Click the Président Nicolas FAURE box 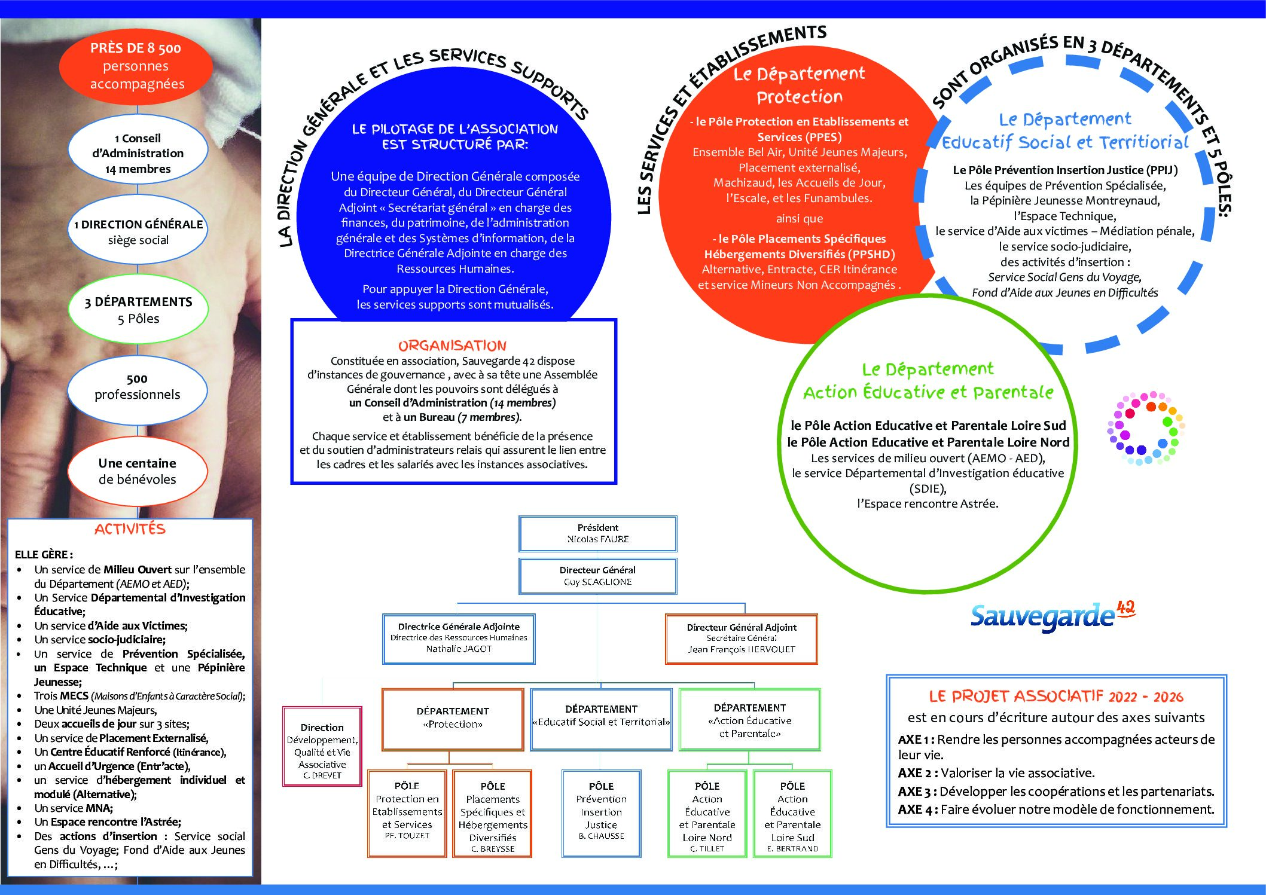coord(598,533)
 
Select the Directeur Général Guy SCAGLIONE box coord(598,576)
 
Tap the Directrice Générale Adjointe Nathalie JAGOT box coord(459,639)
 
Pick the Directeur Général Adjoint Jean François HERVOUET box coord(742,639)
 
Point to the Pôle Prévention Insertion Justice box coord(601,814)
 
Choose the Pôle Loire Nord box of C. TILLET coord(707,814)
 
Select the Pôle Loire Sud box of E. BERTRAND coord(792,814)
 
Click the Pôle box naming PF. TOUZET coord(407,814)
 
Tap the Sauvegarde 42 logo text coord(1053,616)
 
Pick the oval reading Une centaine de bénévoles coord(137,471)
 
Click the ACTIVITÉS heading coord(130,529)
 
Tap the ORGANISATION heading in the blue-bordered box coord(452,346)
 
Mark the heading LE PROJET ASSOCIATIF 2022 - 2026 coord(1056,697)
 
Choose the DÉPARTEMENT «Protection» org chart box coord(453,719)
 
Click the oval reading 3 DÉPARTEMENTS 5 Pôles coord(138,310)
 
